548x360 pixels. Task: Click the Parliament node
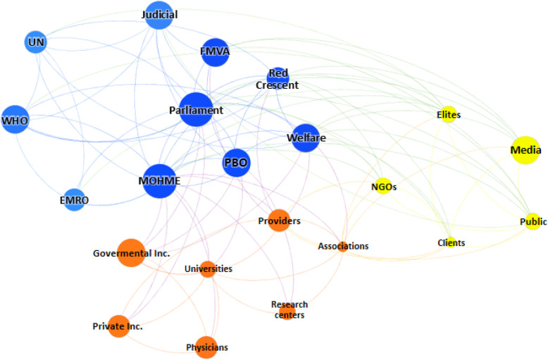(196, 110)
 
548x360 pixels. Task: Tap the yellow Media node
(524, 150)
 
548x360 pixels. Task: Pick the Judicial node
(159, 15)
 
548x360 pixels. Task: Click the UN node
(35, 42)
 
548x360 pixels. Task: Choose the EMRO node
(73, 200)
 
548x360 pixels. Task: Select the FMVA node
(216, 52)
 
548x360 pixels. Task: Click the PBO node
(236, 163)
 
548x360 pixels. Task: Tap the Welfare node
(306, 138)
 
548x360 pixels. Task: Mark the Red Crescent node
(278, 77)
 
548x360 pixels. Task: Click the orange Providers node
(279, 220)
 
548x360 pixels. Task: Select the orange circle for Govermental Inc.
(131, 253)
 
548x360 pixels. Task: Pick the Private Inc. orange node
(118, 326)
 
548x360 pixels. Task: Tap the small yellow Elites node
(449, 115)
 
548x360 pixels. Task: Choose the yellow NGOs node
(384, 187)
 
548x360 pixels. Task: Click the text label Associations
(343, 247)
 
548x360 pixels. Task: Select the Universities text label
(208, 268)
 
